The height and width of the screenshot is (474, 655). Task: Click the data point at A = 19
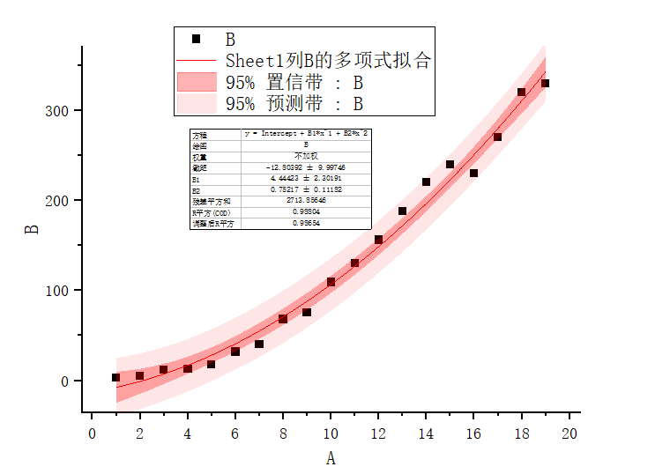(545, 83)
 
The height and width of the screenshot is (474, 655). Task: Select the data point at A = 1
(115, 377)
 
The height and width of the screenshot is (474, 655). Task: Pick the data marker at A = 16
(473, 173)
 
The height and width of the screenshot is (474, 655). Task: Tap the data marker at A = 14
(426, 181)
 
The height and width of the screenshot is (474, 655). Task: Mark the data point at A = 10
(331, 282)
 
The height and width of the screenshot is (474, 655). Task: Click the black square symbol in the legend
(196, 39)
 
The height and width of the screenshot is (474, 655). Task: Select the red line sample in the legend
(196, 61)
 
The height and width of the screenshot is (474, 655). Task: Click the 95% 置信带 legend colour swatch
(196, 82)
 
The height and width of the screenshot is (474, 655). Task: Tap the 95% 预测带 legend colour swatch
(196, 103)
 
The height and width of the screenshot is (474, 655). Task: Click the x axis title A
(331, 457)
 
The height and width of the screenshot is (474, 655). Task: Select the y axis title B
(32, 228)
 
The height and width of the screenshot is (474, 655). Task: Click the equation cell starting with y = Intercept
(306, 134)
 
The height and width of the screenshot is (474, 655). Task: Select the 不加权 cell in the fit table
(306, 156)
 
